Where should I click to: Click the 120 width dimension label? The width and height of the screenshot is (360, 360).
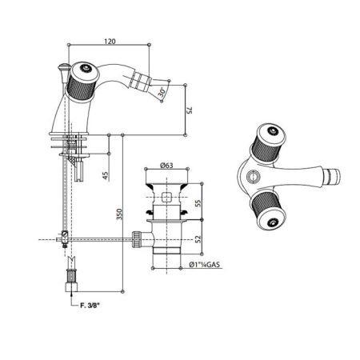point(110,42)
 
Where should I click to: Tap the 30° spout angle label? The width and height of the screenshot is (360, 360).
point(162,92)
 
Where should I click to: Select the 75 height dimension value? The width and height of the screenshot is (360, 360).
point(189,110)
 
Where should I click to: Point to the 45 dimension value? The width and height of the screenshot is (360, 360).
point(106,175)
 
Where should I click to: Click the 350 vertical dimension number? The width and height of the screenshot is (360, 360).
point(119,214)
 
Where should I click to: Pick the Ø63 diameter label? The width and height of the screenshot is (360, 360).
point(166,166)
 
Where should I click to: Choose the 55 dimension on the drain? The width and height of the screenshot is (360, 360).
point(198,202)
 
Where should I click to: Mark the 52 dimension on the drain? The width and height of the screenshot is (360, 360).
point(198,238)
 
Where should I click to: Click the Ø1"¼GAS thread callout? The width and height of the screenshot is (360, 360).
point(204,265)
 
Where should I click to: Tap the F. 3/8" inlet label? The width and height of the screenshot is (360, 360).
point(90,306)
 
